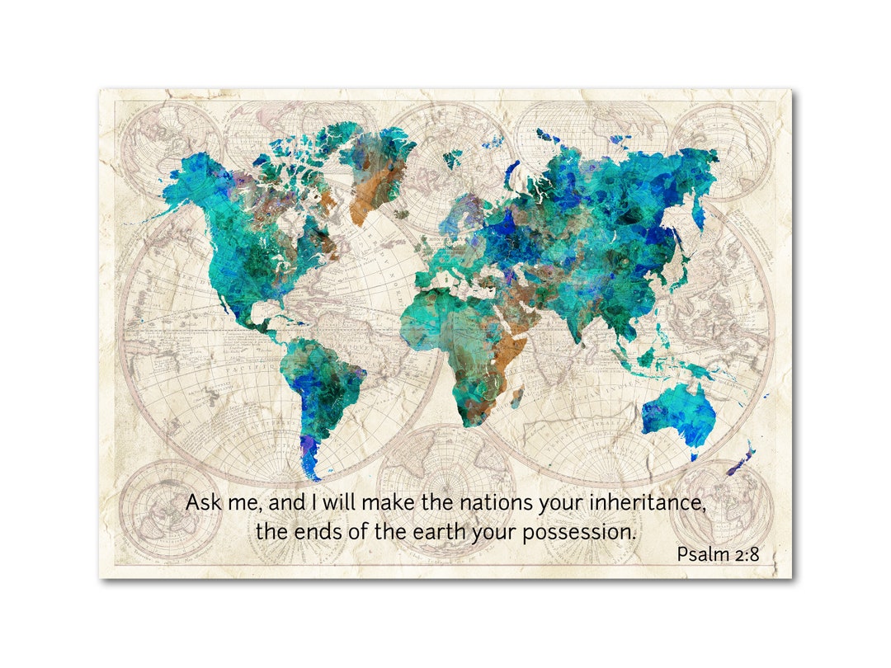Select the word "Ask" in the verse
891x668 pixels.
point(202,502)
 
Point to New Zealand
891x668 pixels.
point(741,462)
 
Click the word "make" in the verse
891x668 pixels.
point(389,502)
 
